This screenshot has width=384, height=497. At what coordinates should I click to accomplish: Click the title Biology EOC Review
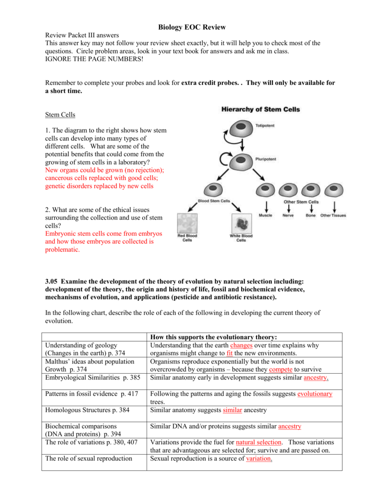pyautogui.click(x=192, y=27)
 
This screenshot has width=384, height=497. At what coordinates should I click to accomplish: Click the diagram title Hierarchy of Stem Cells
pyautogui.click(x=260, y=109)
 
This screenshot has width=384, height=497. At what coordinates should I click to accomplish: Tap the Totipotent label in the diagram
pyautogui.click(x=265, y=126)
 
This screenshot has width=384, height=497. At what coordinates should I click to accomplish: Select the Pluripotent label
pyautogui.click(x=266, y=159)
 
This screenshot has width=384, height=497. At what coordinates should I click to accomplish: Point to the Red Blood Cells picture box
pyautogui.click(x=187, y=223)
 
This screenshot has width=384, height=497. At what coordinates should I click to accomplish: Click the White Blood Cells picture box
pyautogui.click(x=241, y=223)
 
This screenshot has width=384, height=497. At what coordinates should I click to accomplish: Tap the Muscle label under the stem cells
pyautogui.click(x=266, y=215)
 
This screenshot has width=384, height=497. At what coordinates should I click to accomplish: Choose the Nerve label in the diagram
pyautogui.click(x=288, y=215)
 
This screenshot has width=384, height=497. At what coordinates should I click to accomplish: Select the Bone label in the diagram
pyautogui.click(x=310, y=215)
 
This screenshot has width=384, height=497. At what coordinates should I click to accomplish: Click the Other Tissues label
pyautogui.click(x=333, y=215)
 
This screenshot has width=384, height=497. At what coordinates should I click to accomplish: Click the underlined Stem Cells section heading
pyautogui.click(x=60, y=115)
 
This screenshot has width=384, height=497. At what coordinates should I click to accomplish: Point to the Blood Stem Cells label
pyautogui.click(x=214, y=200)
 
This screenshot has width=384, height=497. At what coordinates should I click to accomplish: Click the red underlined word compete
pyautogui.click(x=281, y=369)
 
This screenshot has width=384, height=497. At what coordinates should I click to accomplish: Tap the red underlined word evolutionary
pyautogui.click(x=315, y=394)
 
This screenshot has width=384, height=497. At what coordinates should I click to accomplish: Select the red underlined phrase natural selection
pyautogui.click(x=258, y=442)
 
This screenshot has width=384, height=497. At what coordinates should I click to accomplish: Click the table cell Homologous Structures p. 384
pyautogui.click(x=87, y=410)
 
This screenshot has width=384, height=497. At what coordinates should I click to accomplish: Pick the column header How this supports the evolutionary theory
pyautogui.click(x=214, y=337)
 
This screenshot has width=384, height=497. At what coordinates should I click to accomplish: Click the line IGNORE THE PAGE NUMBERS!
pyautogui.click(x=94, y=59)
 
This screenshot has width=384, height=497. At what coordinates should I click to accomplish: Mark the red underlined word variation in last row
pyautogui.click(x=258, y=458)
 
